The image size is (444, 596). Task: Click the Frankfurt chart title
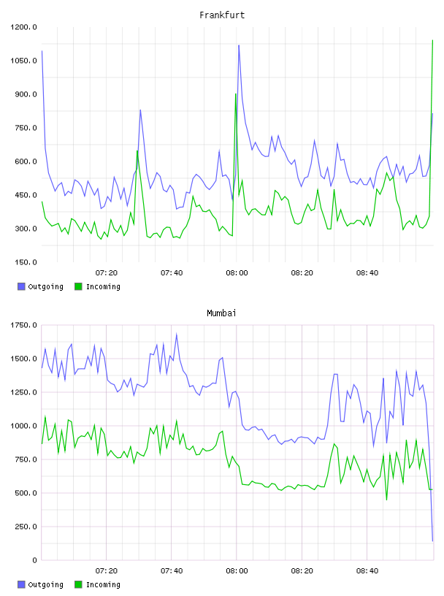[x=222, y=15]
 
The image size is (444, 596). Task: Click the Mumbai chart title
[x=221, y=313]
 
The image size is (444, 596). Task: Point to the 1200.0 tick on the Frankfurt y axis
[x=23, y=27]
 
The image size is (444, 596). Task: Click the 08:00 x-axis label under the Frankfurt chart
[x=237, y=273]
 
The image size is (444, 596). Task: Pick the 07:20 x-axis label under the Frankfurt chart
[x=107, y=273]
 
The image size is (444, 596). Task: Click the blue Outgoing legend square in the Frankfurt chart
[x=21, y=286]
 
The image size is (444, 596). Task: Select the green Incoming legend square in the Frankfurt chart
[x=78, y=286]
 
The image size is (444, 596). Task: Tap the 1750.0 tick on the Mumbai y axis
[x=23, y=325]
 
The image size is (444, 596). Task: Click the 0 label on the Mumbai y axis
[x=34, y=560]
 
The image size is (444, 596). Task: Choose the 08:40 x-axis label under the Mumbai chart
[x=367, y=571]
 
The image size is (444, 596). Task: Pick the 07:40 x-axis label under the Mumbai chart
[x=172, y=571]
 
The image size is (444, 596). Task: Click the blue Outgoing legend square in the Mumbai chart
[x=21, y=584]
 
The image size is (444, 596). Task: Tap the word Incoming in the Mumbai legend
[x=103, y=584]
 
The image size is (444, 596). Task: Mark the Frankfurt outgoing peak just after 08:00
[x=239, y=45]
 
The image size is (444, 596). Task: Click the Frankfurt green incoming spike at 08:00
[x=236, y=94]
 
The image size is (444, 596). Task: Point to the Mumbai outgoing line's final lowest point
[x=432, y=541]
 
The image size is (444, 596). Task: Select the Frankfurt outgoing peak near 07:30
[x=140, y=110]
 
